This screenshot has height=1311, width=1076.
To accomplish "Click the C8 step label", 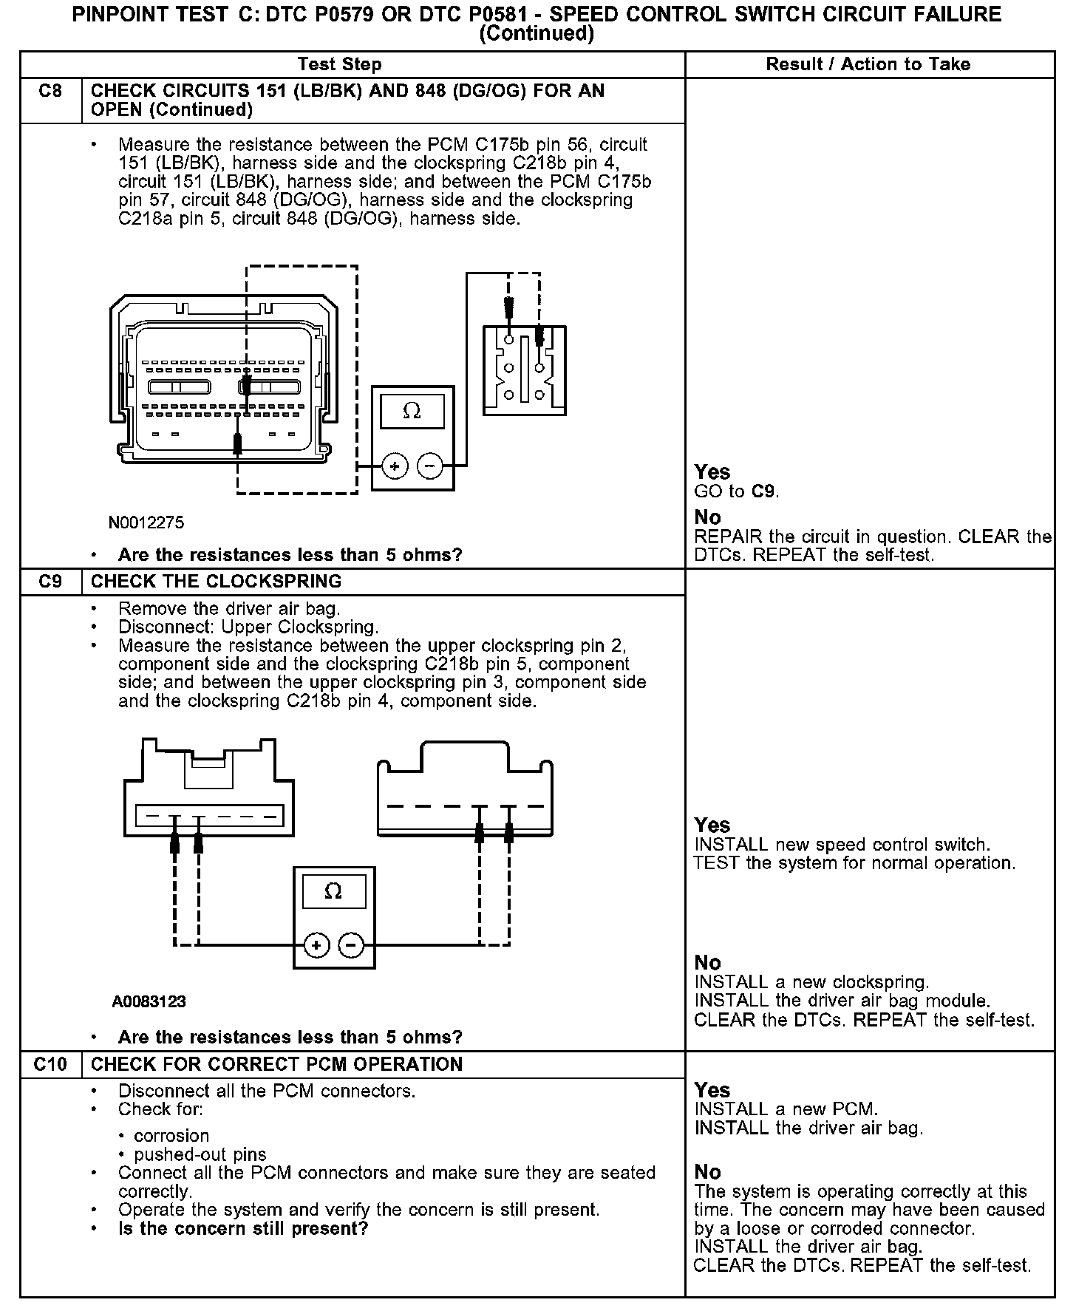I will (50, 92).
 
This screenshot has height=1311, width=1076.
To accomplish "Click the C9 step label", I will (50, 582).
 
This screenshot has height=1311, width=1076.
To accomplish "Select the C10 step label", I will (50, 1064).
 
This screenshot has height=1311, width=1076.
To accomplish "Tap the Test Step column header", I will (339, 64).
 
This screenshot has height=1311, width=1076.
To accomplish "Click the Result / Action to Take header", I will (868, 64).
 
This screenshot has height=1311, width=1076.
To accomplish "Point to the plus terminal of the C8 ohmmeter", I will (395, 466).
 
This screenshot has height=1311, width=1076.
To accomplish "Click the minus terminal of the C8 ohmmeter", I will (430, 466).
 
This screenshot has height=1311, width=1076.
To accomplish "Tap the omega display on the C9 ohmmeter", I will (333, 891).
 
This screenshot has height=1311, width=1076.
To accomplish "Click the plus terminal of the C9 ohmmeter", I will (316, 945).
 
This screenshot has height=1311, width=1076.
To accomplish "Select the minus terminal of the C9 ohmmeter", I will (352, 945).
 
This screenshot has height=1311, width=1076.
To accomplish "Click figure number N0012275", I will (146, 523).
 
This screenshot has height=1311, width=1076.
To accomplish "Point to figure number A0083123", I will (149, 1002).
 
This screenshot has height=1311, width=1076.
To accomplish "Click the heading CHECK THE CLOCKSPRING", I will (216, 582).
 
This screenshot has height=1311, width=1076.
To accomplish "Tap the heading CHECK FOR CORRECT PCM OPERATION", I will (276, 1064).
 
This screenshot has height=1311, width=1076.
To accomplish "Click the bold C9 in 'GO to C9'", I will (763, 491).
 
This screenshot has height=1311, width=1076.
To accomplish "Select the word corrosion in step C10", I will (171, 1136).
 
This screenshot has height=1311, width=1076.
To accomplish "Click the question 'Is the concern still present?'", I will (243, 1228).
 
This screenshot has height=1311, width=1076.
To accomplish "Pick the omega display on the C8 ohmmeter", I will (412, 411).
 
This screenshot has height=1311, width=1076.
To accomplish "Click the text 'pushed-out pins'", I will (200, 1154).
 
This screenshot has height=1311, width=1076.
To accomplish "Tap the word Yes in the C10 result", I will (712, 1091).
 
